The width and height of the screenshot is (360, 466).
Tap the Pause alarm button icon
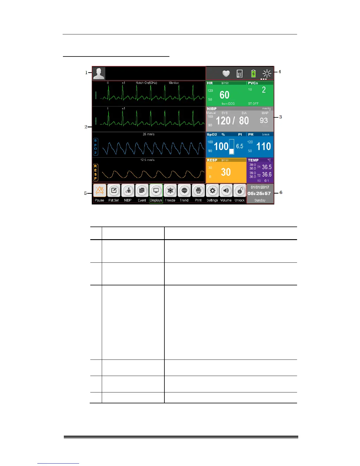99,191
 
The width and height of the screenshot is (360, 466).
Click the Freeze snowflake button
170,191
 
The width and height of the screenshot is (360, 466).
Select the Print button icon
198,191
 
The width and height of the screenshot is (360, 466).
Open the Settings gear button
212,191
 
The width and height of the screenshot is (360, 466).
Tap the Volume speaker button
226,191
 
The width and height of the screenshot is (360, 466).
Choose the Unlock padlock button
240,191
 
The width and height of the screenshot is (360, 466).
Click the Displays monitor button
156,191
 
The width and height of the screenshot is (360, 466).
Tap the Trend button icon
184,191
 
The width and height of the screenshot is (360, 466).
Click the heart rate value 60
224,95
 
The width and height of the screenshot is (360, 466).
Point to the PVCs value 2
264,90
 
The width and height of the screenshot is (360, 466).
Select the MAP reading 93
264,121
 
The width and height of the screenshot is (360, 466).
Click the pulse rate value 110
264,147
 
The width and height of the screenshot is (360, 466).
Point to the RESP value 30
226,172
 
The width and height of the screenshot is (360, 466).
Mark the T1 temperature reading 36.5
267,167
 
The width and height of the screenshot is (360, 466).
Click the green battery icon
253,74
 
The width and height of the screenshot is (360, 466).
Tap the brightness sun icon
267,74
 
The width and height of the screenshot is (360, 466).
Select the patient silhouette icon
99,74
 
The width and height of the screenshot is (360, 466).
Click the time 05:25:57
259,194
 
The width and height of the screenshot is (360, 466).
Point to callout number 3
281,117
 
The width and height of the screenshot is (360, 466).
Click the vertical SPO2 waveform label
96,147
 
